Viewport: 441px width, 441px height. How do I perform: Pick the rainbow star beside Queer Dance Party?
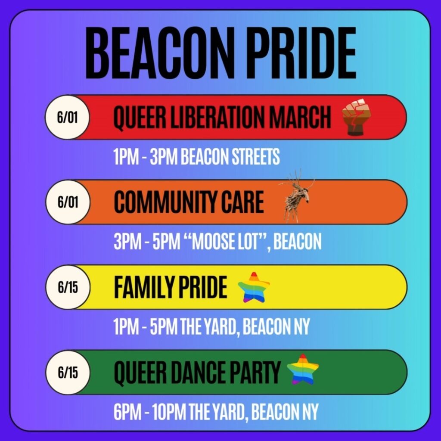pos(303,370)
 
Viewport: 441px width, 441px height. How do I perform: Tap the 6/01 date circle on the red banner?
pos(68,117)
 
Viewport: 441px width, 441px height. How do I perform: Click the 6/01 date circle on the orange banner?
pos(68,202)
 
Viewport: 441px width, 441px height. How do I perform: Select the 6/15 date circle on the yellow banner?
pos(68,287)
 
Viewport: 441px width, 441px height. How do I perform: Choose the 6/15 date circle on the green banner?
pos(68,372)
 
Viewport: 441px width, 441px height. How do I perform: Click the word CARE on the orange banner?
pos(244,202)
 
